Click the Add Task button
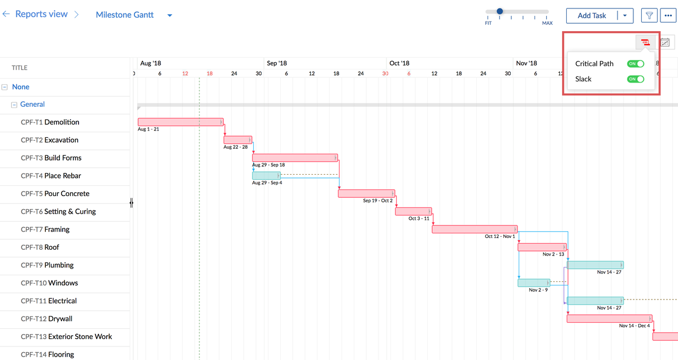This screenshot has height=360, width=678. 592,16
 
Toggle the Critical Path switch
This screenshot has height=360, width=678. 636,64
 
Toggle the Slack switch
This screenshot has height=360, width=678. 636,79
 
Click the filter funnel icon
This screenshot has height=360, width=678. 650,16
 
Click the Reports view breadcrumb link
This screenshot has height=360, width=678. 41,14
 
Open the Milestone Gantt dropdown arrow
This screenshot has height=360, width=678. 169,15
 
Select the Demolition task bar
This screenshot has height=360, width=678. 180,122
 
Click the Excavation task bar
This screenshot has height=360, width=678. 238,140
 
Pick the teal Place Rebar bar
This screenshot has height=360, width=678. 266,176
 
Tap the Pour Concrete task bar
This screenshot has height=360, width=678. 366,193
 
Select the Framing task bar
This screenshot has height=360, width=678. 475,229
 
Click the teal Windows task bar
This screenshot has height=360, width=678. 533,283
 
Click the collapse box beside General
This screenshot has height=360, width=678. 15,105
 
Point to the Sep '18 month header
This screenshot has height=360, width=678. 277,63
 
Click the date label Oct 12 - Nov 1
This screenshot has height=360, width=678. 499,236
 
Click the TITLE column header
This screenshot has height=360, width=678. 20,68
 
